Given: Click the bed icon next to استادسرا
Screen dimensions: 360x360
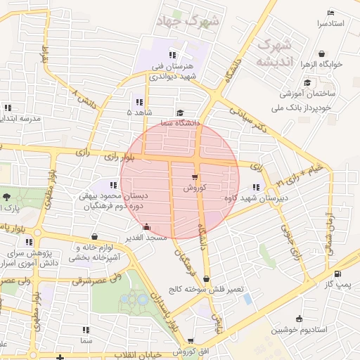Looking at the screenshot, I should [332, 13].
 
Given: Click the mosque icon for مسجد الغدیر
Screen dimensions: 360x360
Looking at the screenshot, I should [146, 226].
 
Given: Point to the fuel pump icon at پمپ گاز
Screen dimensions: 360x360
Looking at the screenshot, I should [338, 274].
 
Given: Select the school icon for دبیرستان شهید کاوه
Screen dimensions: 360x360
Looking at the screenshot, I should [255, 187].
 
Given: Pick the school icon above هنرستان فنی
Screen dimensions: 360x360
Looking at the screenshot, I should [172, 56].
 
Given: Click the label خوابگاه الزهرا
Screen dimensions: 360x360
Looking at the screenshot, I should [321, 64].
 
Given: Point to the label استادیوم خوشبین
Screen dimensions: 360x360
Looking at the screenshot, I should [300, 329].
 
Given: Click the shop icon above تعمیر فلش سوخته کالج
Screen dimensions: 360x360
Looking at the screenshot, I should [206, 278].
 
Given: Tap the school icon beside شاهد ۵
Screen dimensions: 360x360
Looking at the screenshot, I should [139, 101].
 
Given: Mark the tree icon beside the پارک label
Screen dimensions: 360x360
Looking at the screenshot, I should [6, 198].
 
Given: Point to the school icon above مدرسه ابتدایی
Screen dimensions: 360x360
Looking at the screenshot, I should [8, 108].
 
